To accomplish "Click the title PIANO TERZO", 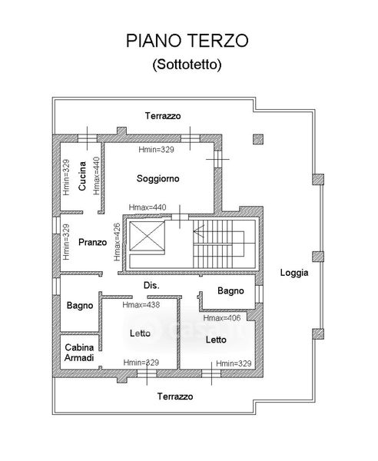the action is point(187,41).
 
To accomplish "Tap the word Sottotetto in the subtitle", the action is point(187,64).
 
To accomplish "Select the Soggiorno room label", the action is point(157,178).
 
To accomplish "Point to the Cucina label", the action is point(82,176).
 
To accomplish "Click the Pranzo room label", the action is point(93,242).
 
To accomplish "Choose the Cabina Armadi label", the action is point(79,353).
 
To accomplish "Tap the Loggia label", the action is point(294,273).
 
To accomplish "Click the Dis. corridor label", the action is point(151,285).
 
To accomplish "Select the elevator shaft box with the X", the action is point(147,237).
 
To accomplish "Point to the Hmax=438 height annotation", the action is point(141,304).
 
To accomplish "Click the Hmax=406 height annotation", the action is point(222,318).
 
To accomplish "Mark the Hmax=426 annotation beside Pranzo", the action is point(117,242).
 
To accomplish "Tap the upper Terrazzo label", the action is point(163,116).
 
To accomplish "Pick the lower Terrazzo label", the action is point(175,396).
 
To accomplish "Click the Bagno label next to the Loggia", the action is point(230,290).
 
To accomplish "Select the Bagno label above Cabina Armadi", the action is point(80,305).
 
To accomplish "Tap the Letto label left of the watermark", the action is point(140,333).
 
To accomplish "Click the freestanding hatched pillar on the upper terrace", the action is point(258,139).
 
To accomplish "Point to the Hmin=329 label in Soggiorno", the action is point(157,149).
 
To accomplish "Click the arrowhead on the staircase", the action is point(198,230).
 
